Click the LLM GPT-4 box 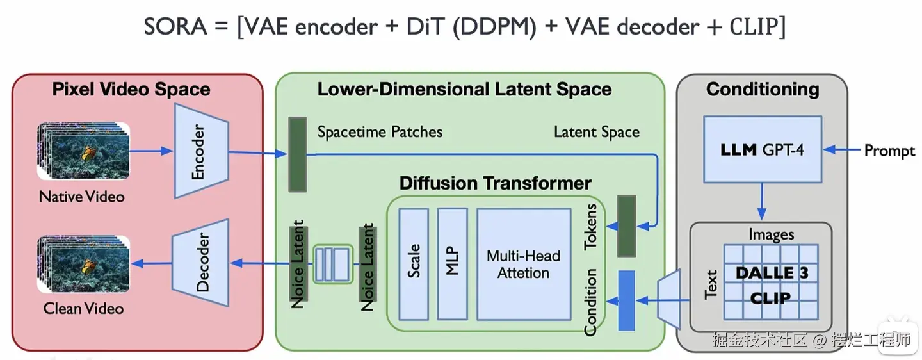coord(762,150)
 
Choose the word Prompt coord(890,151)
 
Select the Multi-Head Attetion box coord(523,264)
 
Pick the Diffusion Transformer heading coord(495,183)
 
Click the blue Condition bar coord(626,300)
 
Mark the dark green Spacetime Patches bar coord(296,154)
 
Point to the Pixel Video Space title coord(131,89)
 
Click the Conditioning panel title coord(763,89)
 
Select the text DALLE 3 coord(772,273)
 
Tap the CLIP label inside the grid coord(770,297)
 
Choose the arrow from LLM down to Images coord(762,202)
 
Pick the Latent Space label coord(597,132)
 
